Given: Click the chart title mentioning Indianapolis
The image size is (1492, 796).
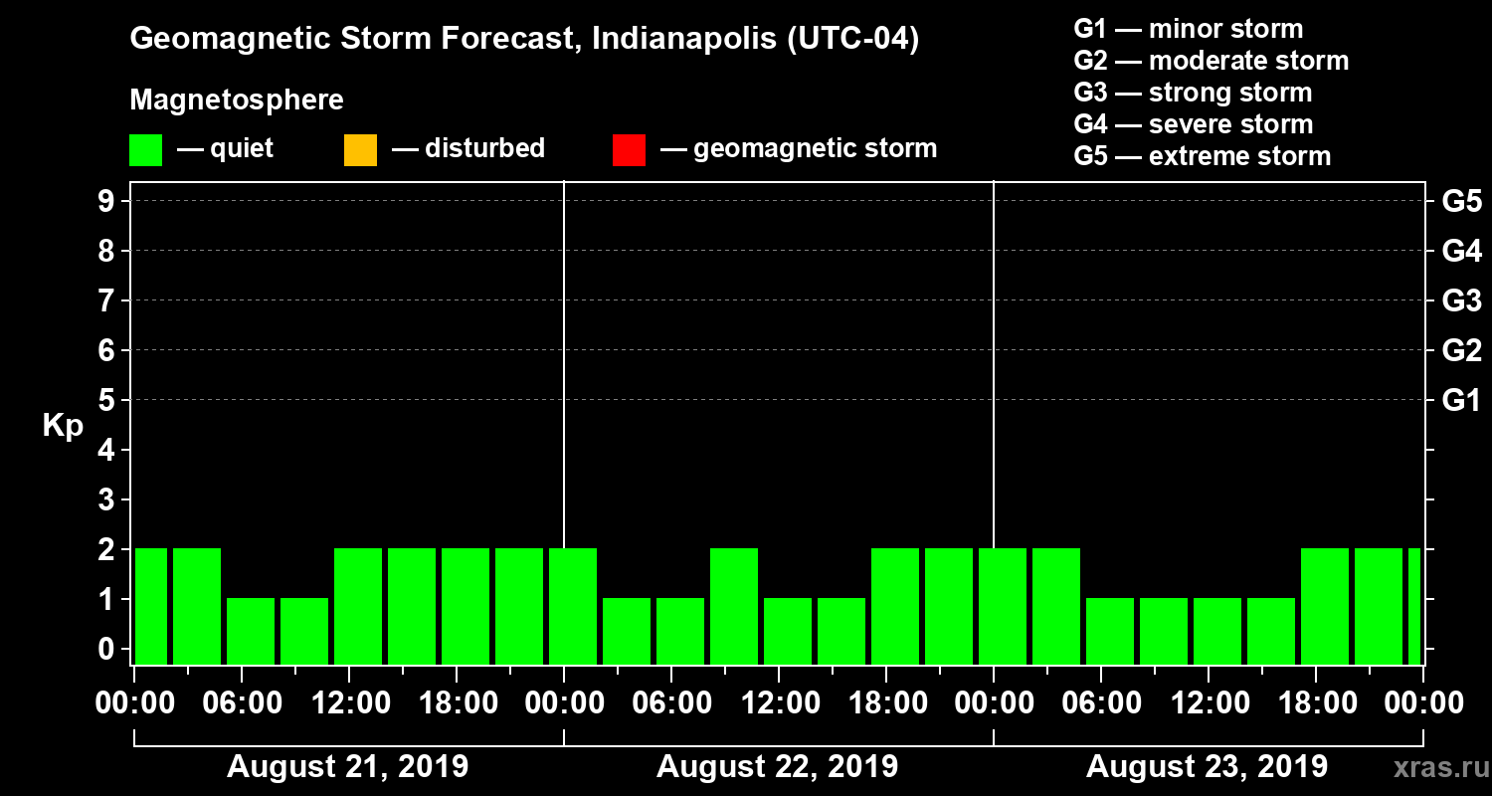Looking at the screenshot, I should [x=524, y=40].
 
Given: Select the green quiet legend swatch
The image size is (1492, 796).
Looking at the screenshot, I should [x=145, y=150].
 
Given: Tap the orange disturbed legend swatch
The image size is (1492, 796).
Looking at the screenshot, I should [x=360, y=150].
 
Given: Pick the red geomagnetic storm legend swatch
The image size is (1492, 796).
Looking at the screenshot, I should [x=629, y=150].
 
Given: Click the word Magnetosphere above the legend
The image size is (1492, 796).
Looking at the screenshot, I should [x=237, y=100].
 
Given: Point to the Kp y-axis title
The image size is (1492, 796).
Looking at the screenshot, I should [x=63, y=426].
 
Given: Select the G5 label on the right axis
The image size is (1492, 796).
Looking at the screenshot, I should [x=1461, y=201].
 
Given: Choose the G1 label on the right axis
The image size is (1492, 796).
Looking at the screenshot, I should [x=1461, y=400].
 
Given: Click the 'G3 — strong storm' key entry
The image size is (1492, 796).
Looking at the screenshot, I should [x=1193, y=93].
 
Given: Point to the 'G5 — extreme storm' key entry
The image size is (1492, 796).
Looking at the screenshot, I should [x=1202, y=156].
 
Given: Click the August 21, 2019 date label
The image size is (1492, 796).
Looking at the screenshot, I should [x=348, y=766].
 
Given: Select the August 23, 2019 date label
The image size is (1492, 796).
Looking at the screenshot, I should [x=1207, y=766].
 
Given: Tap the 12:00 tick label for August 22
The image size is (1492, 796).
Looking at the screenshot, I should [x=779, y=703].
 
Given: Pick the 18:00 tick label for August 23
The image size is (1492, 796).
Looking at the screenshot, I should [x=1316, y=703].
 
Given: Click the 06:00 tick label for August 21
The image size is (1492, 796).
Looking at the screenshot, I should [x=242, y=703].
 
